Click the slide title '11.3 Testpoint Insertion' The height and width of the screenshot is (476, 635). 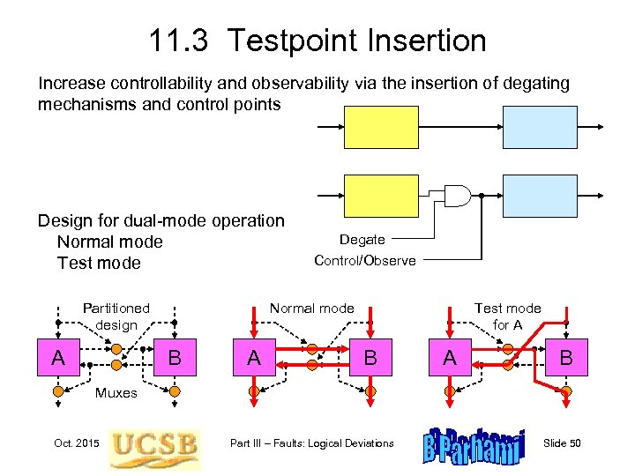(x=317, y=41)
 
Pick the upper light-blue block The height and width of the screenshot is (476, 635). (x=539, y=128)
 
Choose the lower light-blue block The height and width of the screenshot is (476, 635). (x=539, y=196)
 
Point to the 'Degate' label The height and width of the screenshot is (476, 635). (x=362, y=240)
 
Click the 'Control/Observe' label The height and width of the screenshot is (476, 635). (x=364, y=261)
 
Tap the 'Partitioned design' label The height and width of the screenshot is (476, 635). (x=116, y=316)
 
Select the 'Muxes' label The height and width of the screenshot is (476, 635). (x=116, y=393)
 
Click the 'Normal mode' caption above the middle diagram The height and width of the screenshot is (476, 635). (x=311, y=309)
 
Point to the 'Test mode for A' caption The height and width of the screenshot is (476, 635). (x=507, y=316)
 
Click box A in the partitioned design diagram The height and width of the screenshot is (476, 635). (x=58, y=358)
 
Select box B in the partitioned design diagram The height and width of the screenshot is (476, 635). (x=175, y=358)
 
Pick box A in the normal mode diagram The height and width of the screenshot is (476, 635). (x=254, y=358)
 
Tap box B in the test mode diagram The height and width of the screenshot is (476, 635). (x=565, y=358)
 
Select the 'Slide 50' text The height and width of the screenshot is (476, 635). (x=562, y=443)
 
